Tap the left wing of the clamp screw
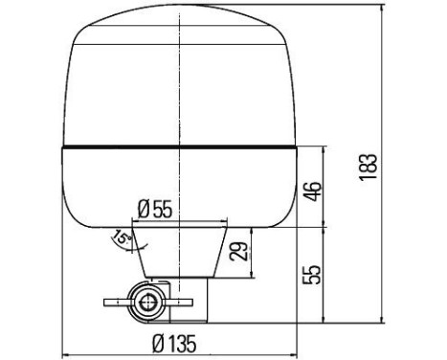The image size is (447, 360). point(116,303)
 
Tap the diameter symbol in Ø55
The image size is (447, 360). point(144,208)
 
